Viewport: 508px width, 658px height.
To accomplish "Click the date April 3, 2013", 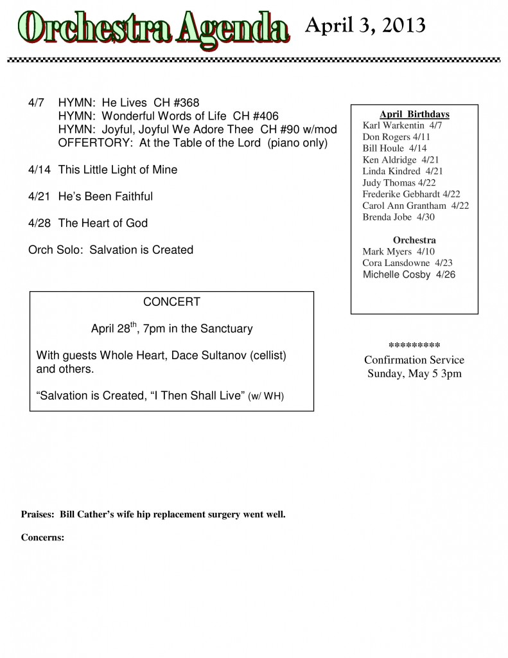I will [365, 26].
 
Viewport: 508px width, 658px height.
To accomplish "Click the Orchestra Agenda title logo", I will [152, 28].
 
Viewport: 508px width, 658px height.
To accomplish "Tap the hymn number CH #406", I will [256, 116].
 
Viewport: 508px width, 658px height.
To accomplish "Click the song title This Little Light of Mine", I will [118, 170].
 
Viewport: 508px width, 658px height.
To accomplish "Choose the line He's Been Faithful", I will [105, 196].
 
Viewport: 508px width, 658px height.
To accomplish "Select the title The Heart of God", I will [103, 223].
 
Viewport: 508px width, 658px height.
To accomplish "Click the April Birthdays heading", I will [414, 114].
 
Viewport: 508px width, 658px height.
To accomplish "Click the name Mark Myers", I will [387, 251].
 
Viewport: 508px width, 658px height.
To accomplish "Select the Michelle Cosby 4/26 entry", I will [409, 274].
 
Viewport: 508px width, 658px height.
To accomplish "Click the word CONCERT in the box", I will [171, 302].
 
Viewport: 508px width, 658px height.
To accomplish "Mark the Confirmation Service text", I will [414, 360].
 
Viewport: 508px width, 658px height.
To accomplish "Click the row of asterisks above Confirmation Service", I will [414, 345].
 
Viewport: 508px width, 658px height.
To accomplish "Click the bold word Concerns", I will [42, 538].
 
